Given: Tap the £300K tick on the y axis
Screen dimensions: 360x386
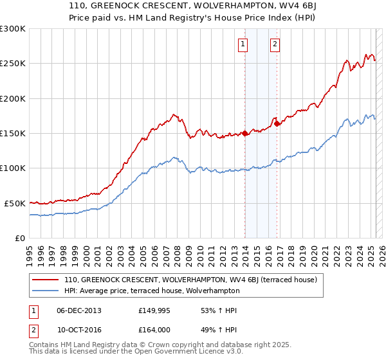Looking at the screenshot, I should click(x=13, y=29).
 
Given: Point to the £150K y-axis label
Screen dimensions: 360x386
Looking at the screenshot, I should click(x=13, y=133).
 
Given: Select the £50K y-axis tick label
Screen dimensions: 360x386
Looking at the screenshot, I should click(x=15, y=203).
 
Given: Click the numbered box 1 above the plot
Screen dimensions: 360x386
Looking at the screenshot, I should click(x=243, y=44).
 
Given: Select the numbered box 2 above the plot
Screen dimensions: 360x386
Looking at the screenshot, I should click(x=275, y=44).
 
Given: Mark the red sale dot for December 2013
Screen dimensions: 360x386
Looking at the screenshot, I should click(x=245, y=134).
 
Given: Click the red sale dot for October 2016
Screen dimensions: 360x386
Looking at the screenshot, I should click(x=277, y=124).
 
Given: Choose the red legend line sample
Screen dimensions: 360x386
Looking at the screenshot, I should click(x=46, y=280).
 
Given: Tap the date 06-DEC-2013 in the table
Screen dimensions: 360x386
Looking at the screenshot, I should click(x=79, y=310).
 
